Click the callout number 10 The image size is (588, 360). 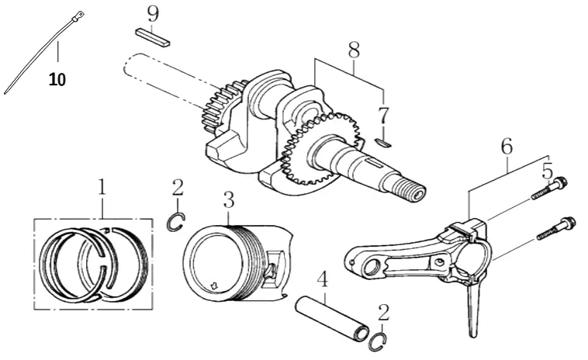pos(57,79)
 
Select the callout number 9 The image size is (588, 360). pos(153,15)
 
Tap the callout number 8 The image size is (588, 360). pos(354,50)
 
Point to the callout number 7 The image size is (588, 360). pos(383,116)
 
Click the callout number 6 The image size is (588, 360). pos(507,146)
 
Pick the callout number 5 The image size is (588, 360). pos(547,171)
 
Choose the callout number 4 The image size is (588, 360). pos(323,279)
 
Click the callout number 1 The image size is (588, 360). pos(102,187)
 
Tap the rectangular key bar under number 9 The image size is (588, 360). pos(153,37)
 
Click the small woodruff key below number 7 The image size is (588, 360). pos(384,142)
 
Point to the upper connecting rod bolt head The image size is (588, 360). pos(561,183)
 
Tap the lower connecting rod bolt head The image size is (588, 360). pos(568,224)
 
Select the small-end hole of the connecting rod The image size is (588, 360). pos(372,268)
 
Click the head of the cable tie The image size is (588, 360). pos(78,16)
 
